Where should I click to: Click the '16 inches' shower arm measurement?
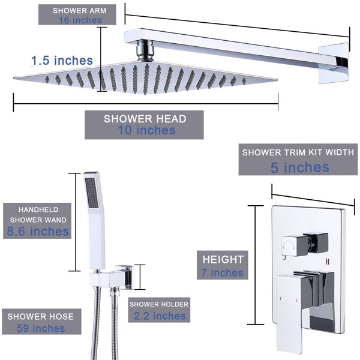80,20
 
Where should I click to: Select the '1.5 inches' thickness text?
62,61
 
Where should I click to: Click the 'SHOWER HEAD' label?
145,118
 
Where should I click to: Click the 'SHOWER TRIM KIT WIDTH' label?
298,152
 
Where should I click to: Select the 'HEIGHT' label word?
223,260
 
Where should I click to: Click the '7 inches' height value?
223,273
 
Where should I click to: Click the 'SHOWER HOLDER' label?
158,304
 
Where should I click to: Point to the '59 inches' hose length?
40,328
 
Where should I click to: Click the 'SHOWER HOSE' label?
41,316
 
